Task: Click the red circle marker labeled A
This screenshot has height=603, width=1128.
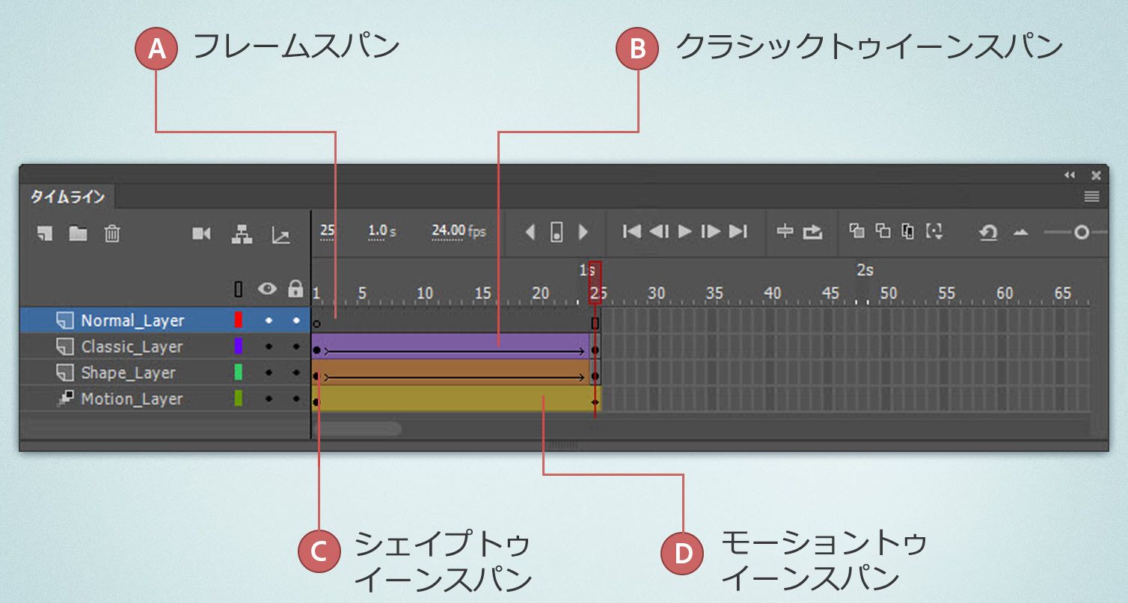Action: click(x=156, y=49)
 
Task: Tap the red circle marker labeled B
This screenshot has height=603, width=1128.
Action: click(x=637, y=49)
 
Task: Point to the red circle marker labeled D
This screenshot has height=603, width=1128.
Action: click(x=683, y=554)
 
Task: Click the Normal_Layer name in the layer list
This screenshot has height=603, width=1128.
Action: click(x=132, y=320)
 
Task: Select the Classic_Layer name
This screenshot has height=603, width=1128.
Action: click(x=132, y=346)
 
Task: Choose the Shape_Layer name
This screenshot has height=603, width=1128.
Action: click(x=128, y=373)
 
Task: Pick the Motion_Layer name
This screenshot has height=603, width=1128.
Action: click(x=132, y=399)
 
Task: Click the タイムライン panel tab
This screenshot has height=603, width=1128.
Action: click(x=67, y=198)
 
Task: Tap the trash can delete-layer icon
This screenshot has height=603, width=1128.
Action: click(x=112, y=233)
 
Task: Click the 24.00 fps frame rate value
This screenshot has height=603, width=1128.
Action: click(x=459, y=231)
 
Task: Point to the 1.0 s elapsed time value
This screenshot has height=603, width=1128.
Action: click(x=382, y=231)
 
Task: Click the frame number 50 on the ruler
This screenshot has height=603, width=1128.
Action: click(x=888, y=293)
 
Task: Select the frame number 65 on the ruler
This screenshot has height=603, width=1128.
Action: click(x=1062, y=293)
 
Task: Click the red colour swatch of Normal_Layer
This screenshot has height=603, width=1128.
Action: click(x=239, y=320)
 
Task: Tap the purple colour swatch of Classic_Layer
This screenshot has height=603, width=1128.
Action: click(x=239, y=346)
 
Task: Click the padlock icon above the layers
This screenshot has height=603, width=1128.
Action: click(x=295, y=289)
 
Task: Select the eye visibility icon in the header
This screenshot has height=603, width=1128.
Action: click(x=268, y=289)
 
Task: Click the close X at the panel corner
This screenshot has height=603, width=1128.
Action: click(x=1096, y=175)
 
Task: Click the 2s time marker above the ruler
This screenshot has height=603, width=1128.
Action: click(x=865, y=270)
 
